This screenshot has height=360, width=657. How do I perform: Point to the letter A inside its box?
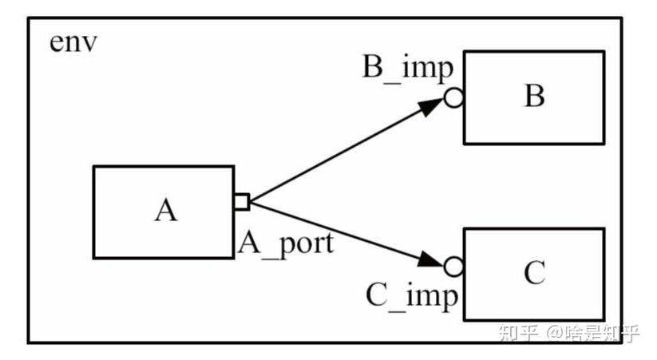pyautogui.click(x=164, y=212)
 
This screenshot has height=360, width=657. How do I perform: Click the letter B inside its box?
pyautogui.click(x=534, y=97)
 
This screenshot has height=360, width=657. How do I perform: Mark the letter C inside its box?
pyautogui.click(x=534, y=274)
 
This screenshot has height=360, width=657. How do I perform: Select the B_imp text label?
pyautogui.click(x=408, y=68)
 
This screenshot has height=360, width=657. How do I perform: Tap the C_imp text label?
pyautogui.click(x=413, y=295)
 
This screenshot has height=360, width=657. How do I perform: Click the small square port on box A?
pyautogui.click(x=241, y=201)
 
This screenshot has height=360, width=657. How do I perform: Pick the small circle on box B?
pyautogui.click(x=453, y=98)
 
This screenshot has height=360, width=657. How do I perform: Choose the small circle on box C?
pyautogui.click(x=453, y=265)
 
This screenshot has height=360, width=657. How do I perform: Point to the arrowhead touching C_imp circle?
pyautogui.click(x=431, y=259)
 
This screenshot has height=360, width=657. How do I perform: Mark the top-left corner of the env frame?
pyautogui.click(x=30, y=18)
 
